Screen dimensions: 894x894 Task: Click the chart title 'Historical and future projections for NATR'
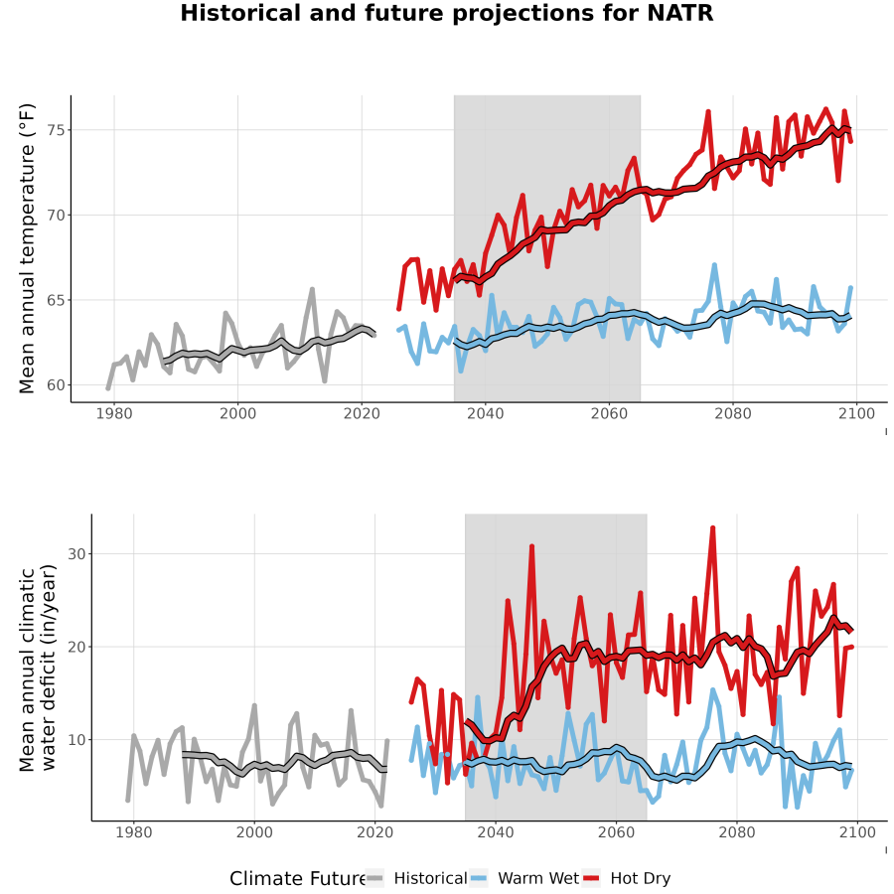pos(446,13)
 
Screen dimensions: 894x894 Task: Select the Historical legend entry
pos(416,878)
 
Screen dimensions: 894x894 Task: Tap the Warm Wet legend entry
pos(524,878)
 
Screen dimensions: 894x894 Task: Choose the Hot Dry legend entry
pos(627,878)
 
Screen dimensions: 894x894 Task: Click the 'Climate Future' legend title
pos(297,879)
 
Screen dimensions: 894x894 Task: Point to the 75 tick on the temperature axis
pos(57,130)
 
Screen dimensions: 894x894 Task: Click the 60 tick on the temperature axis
pos(57,384)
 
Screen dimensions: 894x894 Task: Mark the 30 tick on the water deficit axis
pos(77,553)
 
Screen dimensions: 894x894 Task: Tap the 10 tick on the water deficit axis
pos(77,740)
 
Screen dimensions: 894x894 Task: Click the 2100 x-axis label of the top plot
pos(857,413)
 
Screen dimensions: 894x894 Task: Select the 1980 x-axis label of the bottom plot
pos(133,832)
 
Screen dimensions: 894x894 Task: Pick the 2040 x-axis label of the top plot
pos(485,413)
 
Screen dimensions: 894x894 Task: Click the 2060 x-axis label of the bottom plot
pos(616,832)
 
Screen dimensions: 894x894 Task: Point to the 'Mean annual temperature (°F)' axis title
pos(27,248)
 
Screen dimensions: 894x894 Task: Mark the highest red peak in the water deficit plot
pos(712,528)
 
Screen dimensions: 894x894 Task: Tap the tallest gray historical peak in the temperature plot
pos(312,289)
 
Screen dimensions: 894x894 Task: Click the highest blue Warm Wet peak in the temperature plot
pos(714,265)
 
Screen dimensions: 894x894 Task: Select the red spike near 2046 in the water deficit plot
pos(531,546)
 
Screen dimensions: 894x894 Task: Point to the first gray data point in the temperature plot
pos(108,388)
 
